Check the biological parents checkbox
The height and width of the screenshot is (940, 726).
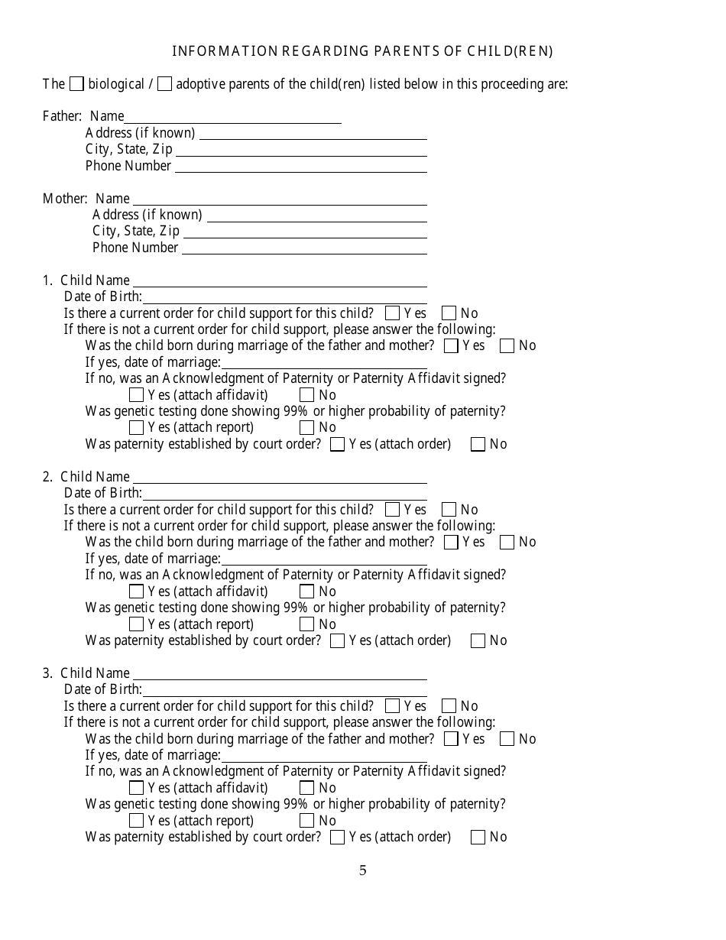tap(76, 84)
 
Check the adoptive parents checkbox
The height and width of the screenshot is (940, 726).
tap(164, 84)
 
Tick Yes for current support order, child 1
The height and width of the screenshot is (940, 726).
tap(393, 313)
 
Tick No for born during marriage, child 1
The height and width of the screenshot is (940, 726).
tap(507, 346)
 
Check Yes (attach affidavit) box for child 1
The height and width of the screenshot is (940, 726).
tap(137, 395)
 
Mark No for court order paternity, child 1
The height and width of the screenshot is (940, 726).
tap(478, 444)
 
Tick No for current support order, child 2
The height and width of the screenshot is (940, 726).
tap(449, 510)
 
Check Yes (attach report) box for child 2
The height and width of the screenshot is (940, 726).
tap(137, 624)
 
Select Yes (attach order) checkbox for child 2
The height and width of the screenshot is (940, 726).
tap(337, 641)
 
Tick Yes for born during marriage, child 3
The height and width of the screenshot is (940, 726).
tap(451, 739)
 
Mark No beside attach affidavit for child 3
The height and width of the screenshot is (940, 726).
tap(307, 788)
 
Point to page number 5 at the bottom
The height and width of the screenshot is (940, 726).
tap(363, 870)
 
